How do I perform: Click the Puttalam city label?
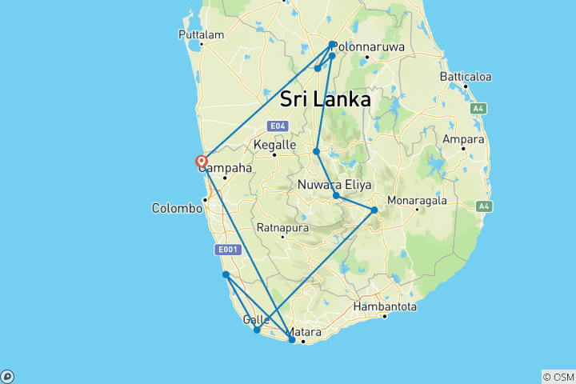201,35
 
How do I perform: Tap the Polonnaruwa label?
368,47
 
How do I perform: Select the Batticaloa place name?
465,77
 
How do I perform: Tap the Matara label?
307,331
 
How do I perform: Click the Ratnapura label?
282,227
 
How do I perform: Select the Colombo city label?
177,208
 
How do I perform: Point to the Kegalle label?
274,145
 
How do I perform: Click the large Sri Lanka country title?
326,100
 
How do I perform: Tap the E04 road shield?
277,126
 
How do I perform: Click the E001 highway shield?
228,250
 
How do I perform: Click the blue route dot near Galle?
257,330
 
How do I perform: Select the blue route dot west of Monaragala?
374,210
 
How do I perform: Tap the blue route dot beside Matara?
292,340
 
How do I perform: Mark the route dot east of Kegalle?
317,151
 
